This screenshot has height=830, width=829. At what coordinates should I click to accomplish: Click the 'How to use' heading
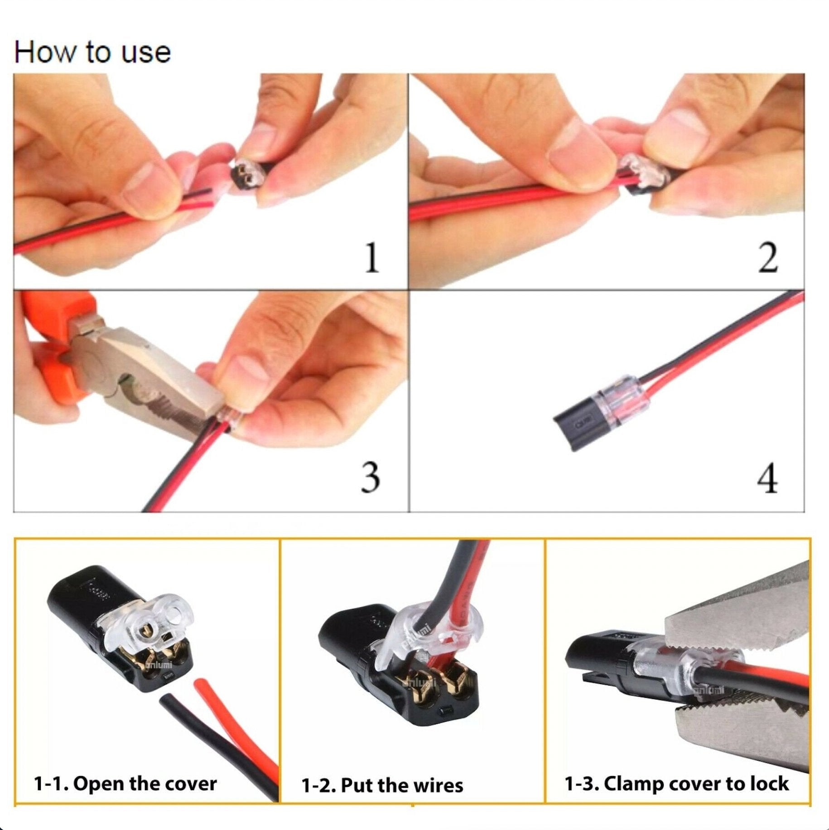(x=92, y=52)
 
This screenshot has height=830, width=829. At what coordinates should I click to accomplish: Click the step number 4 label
(x=767, y=478)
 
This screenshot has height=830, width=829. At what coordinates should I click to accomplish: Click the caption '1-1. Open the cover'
(x=125, y=783)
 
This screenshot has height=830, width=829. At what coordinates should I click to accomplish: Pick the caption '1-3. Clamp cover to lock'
(x=676, y=783)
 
